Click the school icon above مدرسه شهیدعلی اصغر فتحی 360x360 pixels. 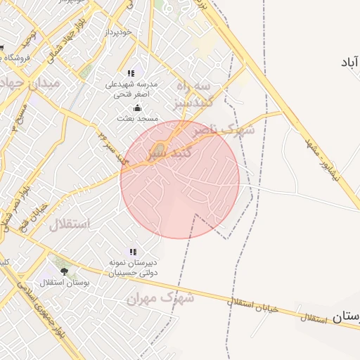[131, 73]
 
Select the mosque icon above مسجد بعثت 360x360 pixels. [137, 108]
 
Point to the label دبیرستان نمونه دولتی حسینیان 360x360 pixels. [132, 267]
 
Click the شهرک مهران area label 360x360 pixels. [160, 298]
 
